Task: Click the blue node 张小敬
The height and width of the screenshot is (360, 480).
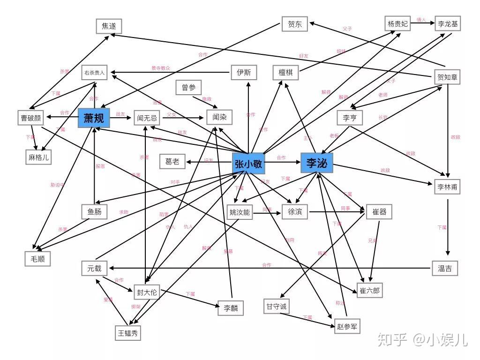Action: [x=248, y=164]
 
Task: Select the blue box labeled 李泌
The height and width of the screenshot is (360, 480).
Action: [x=317, y=163]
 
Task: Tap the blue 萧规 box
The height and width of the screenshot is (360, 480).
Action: [x=94, y=118]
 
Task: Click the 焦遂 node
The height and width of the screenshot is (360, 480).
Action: [x=109, y=26]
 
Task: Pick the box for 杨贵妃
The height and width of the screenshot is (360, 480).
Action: [x=398, y=23]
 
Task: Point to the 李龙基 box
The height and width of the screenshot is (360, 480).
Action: [x=448, y=23]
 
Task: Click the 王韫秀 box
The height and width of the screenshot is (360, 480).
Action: [x=128, y=333]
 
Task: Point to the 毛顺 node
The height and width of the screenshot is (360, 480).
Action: [x=37, y=258]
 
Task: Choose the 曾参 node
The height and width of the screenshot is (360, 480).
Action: [x=188, y=87]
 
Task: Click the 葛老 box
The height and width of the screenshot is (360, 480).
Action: [x=172, y=162]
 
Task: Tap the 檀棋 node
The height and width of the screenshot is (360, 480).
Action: [x=286, y=73]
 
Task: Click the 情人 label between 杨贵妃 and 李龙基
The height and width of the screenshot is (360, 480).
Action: [x=421, y=20]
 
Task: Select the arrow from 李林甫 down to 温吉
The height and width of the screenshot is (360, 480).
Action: [x=448, y=227]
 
